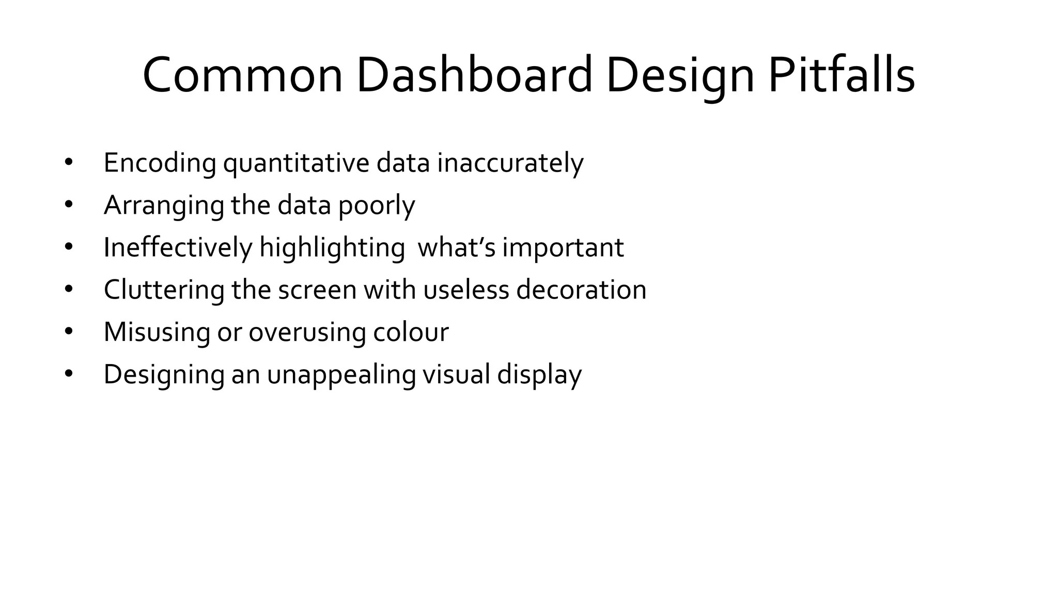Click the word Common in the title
pyautogui.click(x=242, y=75)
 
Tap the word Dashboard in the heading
pyautogui.click(x=474, y=75)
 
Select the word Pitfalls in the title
pyautogui.click(x=842, y=75)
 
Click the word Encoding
pyautogui.click(x=160, y=163)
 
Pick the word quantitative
pyautogui.click(x=296, y=163)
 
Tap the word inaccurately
pyautogui.click(x=510, y=163)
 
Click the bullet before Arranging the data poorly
pyautogui.click(x=69, y=205)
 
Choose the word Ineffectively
pyautogui.click(x=178, y=247)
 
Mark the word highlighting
pyautogui.click(x=332, y=248)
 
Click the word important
pyautogui.click(x=563, y=248)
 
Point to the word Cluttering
pyautogui.click(x=164, y=290)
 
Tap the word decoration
pyautogui.click(x=581, y=290)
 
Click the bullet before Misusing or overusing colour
pyautogui.click(x=69, y=332)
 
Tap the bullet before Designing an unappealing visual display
pyautogui.click(x=69, y=374)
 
